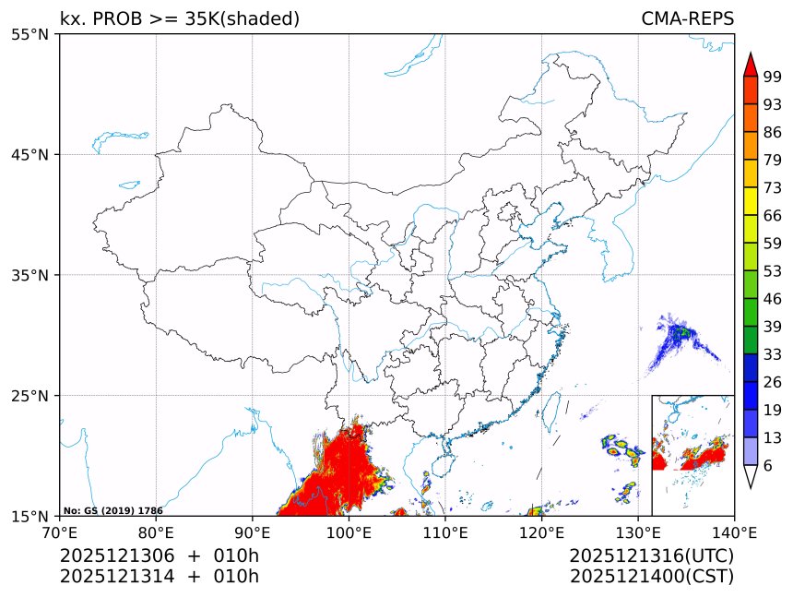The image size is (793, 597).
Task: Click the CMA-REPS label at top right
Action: tap(687, 18)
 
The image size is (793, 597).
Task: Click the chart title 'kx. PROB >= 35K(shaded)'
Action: tap(180, 18)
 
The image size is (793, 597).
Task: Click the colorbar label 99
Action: tap(773, 77)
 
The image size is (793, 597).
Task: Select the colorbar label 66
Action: tap(773, 215)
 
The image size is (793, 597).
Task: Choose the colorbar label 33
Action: tap(773, 354)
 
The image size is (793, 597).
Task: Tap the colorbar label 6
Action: tap(768, 465)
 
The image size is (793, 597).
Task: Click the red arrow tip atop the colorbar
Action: tap(751, 65)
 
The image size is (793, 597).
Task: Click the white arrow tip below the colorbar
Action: tap(751, 476)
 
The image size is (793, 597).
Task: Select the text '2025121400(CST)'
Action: tap(652, 577)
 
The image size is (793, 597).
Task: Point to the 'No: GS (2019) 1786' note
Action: tap(112, 510)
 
